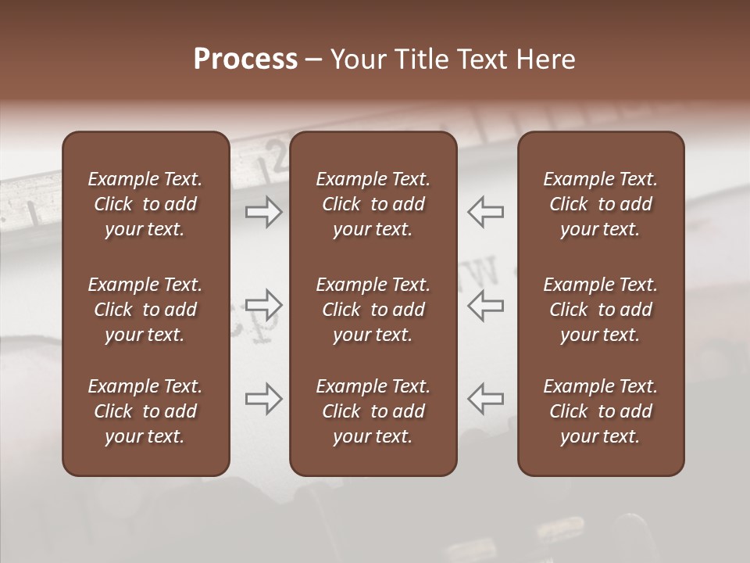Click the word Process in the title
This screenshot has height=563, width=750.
[x=245, y=59]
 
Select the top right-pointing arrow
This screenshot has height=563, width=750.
[x=264, y=212]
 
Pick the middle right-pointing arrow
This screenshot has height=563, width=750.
[x=264, y=305]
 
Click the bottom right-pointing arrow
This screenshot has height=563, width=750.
[x=264, y=399]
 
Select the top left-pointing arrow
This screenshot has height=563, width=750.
[x=485, y=212]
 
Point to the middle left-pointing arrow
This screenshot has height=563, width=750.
[x=485, y=305]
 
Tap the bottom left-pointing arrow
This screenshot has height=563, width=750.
[x=485, y=399]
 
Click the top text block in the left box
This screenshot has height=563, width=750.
[x=145, y=204]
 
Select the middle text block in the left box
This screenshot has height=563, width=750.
[x=145, y=310]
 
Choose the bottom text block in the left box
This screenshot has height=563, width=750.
[x=145, y=411]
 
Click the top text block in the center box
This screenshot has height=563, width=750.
[x=373, y=204]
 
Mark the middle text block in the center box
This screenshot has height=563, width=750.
[x=373, y=310]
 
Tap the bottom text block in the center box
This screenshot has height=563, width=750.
[x=373, y=411]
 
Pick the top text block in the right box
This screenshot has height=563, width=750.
[x=601, y=204]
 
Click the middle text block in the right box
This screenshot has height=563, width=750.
[x=601, y=310]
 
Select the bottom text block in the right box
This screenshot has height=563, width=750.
[x=601, y=411]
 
